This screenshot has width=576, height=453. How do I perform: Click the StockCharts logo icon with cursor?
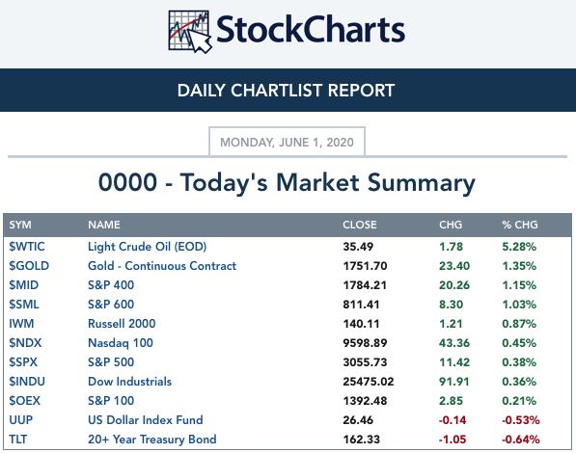[189, 31]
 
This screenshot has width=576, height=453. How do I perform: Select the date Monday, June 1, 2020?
[287, 142]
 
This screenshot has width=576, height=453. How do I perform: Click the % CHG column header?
[520, 225]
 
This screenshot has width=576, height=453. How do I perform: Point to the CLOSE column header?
[360, 225]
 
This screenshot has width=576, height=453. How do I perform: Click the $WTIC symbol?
[27, 247]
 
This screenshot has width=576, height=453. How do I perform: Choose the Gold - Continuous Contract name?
[162, 266]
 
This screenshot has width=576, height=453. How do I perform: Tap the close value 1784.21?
[365, 285]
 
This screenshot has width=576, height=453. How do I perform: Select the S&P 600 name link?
[111, 305]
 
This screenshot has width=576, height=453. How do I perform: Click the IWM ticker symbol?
[21, 324]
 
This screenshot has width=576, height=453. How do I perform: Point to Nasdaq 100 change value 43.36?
[454, 343]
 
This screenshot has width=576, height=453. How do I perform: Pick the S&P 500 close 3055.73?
[365, 362]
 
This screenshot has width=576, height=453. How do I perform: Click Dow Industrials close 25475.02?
[369, 382]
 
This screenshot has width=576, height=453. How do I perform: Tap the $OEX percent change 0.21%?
[519, 401]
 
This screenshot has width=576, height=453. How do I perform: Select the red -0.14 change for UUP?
[453, 420]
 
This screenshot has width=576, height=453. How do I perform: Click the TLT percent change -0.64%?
[521, 440]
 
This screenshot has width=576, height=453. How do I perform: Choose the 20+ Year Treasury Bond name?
[152, 440]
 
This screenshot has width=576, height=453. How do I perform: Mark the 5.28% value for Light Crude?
[519, 247]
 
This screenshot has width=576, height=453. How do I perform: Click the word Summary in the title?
[422, 183]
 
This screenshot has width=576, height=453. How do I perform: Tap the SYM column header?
[20, 225]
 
